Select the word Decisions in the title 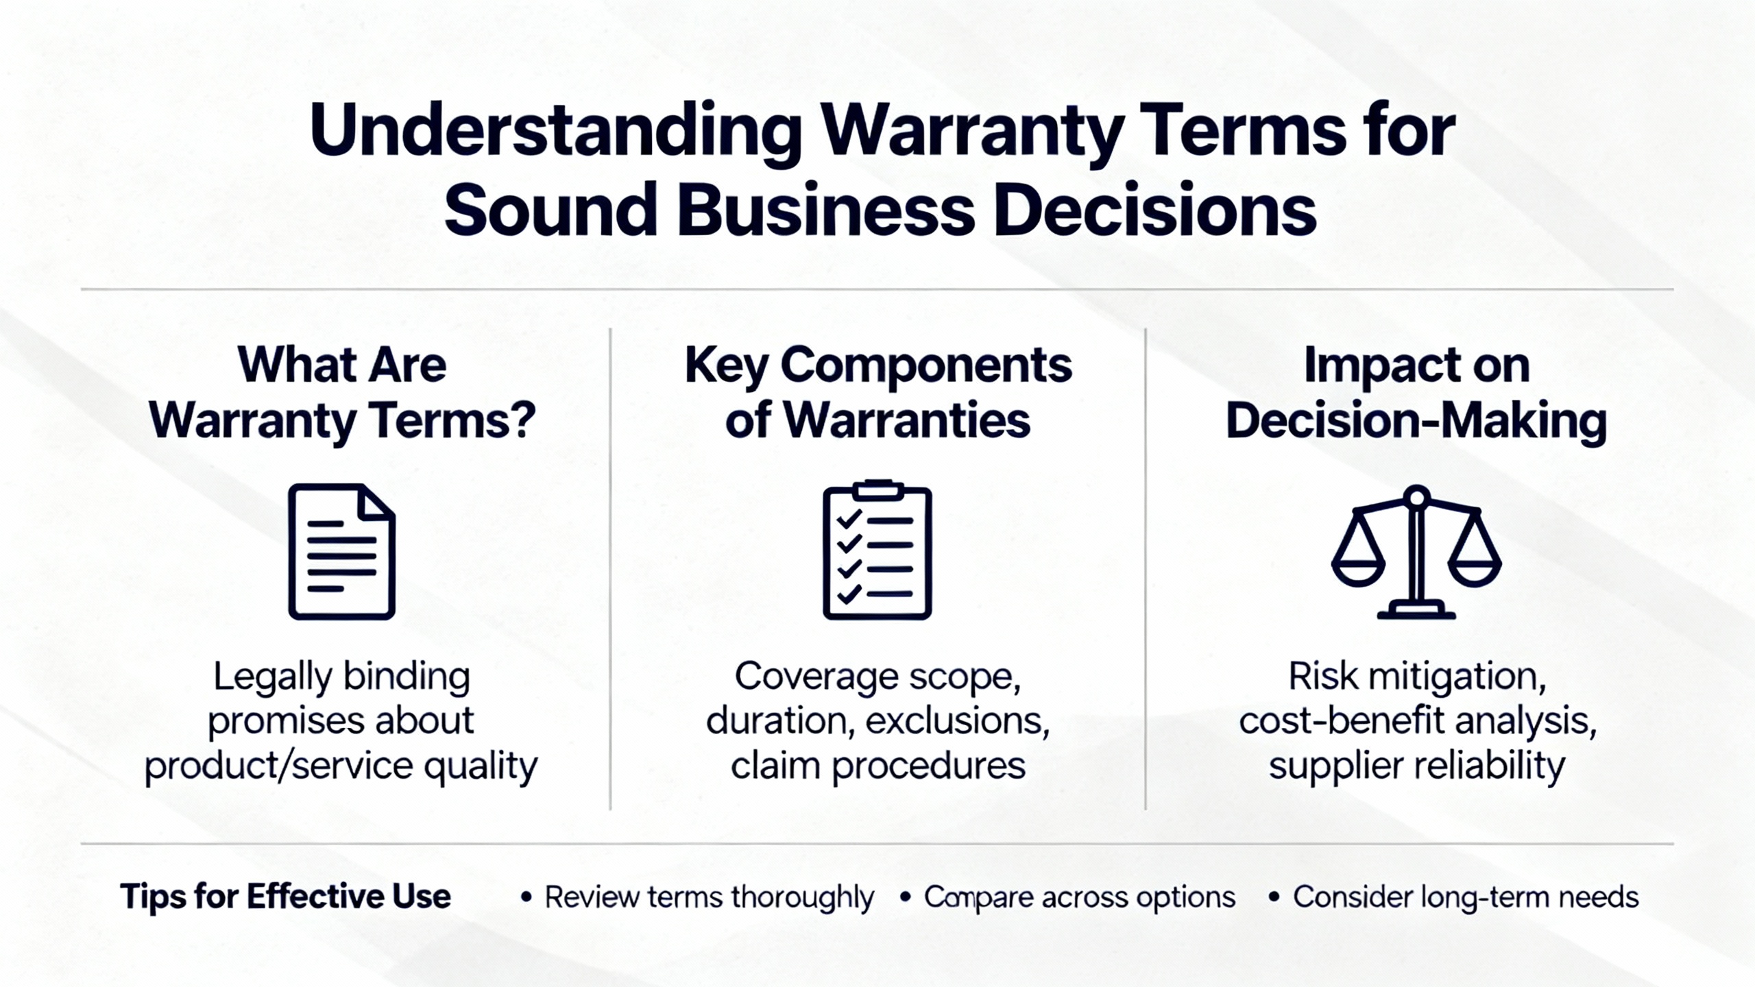point(1154,209)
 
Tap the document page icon point(341,552)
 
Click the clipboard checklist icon point(877,550)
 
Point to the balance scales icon point(1416,552)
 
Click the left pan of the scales point(1358,572)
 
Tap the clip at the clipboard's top point(877,489)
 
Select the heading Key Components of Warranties point(878,392)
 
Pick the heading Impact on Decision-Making point(1416,392)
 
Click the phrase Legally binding point(341,677)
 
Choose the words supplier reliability point(1417,766)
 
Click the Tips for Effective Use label point(285,897)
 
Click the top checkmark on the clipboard point(849,519)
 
